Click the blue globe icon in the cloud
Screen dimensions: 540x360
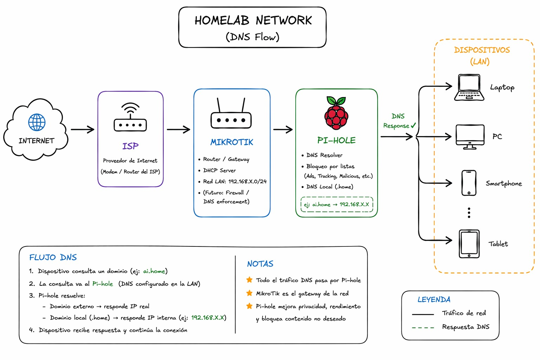tap(37, 122)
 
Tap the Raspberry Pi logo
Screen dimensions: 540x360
tap(336, 113)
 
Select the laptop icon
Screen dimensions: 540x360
tap(469, 87)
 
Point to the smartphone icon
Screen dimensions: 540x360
tap(469, 183)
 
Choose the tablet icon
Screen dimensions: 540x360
tap(469, 244)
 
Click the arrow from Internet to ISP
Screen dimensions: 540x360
tap(83, 129)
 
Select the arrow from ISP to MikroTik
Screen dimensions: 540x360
tap(178, 129)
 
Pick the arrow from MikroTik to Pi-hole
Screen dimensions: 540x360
tap(283, 129)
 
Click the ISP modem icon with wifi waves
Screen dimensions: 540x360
tap(130, 117)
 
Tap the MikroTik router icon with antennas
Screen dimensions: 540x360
tap(231, 113)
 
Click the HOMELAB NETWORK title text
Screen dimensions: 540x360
tap(253, 20)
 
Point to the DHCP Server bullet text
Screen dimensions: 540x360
tap(219, 170)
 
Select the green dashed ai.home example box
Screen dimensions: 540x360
tap(337, 205)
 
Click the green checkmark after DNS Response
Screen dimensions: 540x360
tap(413, 125)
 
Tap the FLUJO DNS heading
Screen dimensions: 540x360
tap(53, 257)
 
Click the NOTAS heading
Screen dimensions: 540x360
tap(261, 264)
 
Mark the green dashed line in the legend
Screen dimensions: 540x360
tap(423, 328)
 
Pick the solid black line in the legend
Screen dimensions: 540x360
tap(423, 314)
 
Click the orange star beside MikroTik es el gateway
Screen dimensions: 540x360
tap(249, 293)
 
